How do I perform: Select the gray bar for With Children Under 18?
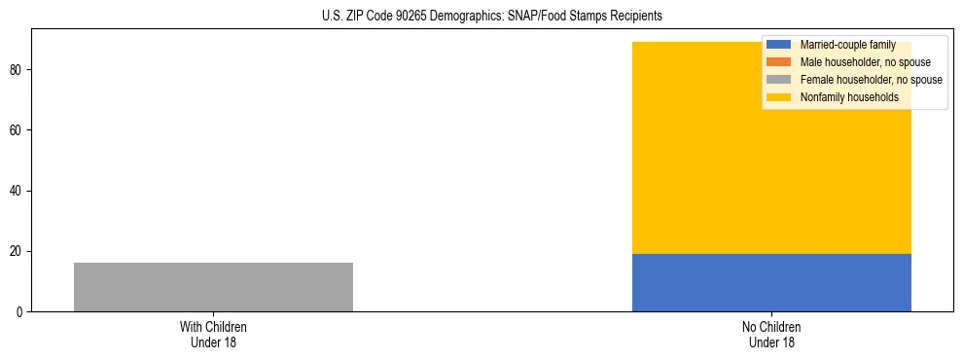pyautogui.click(x=213, y=287)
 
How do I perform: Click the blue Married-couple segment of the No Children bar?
pyautogui.click(x=771, y=282)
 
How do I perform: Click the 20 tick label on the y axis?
pyautogui.click(x=18, y=251)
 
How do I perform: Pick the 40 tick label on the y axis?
pyautogui.click(x=18, y=191)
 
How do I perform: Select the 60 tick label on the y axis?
pyautogui.click(x=18, y=130)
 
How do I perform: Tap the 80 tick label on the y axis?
pyautogui.click(x=18, y=70)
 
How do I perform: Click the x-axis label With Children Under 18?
pyautogui.click(x=213, y=334)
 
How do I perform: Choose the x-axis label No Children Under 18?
pyautogui.click(x=771, y=334)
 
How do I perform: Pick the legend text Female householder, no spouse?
pyautogui.click(x=871, y=80)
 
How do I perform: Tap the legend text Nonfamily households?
pyautogui.click(x=847, y=97)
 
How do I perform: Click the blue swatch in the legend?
pyautogui.click(x=779, y=45)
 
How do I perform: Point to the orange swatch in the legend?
pyautogui.click(x=779, y=62)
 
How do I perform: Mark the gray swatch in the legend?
pyautogui.click(x=779, y=80)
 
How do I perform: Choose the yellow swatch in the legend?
pyautogui.click(x=779, y=97)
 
